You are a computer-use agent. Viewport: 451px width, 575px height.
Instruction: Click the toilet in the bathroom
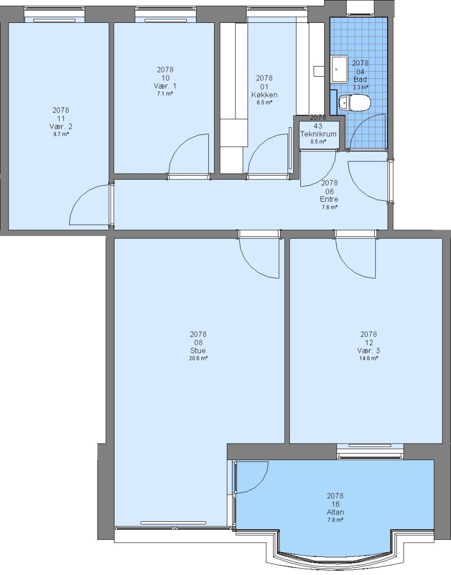354,103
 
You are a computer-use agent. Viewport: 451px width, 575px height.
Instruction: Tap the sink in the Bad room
340,69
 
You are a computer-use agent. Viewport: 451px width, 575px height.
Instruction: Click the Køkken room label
264,95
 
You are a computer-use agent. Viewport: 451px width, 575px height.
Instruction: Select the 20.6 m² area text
198,358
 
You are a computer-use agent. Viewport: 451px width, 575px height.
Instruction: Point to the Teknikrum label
318,134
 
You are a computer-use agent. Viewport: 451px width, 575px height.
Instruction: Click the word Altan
335,512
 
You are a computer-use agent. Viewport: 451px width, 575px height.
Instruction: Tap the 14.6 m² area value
368,358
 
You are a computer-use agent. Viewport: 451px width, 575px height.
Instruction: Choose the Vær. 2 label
61,127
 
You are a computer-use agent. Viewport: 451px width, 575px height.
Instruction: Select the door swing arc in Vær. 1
181,145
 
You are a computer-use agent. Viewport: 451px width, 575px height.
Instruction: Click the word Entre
329,199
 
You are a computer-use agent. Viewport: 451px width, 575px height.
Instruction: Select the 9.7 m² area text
61,134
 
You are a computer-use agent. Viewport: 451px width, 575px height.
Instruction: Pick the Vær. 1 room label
165,86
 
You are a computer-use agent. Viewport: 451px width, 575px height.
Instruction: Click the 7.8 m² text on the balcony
335,520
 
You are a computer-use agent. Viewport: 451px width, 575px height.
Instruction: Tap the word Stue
198,350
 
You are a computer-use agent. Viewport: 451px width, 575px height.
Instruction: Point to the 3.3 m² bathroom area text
360,88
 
